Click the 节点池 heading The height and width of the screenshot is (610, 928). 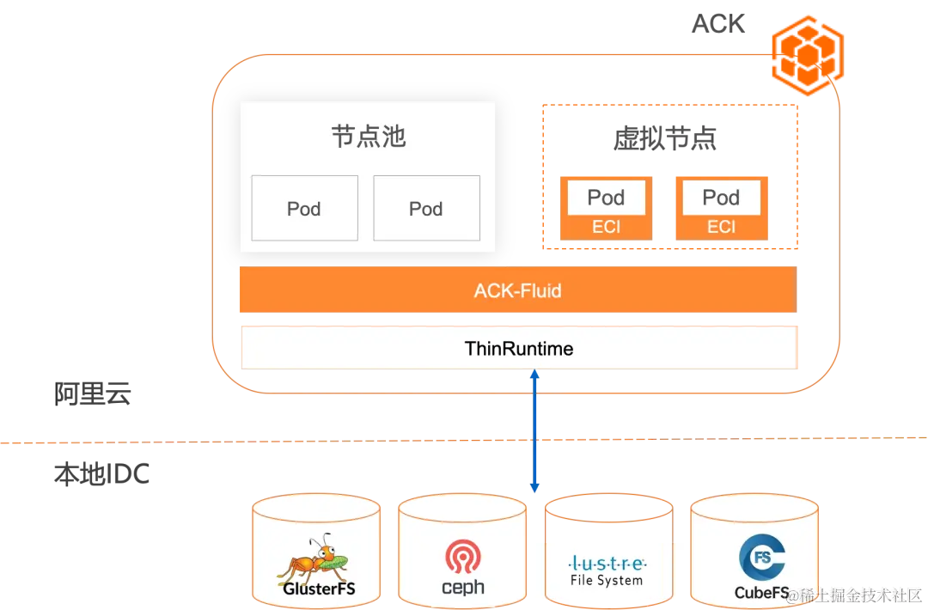point(368,137)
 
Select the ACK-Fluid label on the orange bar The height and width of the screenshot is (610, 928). point(517,290)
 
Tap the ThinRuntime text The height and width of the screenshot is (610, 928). point(519,348)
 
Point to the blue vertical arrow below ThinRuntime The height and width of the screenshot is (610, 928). point(534,430)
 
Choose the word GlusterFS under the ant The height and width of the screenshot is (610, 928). point(319,590)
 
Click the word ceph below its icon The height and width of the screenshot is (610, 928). point(462,588)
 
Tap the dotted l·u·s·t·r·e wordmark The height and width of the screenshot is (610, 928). point(607,564)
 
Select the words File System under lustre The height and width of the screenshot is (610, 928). point(607,580)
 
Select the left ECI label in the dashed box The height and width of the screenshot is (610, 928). point(606,227)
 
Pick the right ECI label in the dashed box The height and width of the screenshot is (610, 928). point(721,227)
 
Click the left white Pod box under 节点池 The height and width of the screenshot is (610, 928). point(304,208)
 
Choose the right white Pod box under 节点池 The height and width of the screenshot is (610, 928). point(426,208)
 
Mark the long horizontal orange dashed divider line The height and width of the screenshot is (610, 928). point(258,443)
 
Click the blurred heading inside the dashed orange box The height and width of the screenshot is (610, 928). point(667,137)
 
